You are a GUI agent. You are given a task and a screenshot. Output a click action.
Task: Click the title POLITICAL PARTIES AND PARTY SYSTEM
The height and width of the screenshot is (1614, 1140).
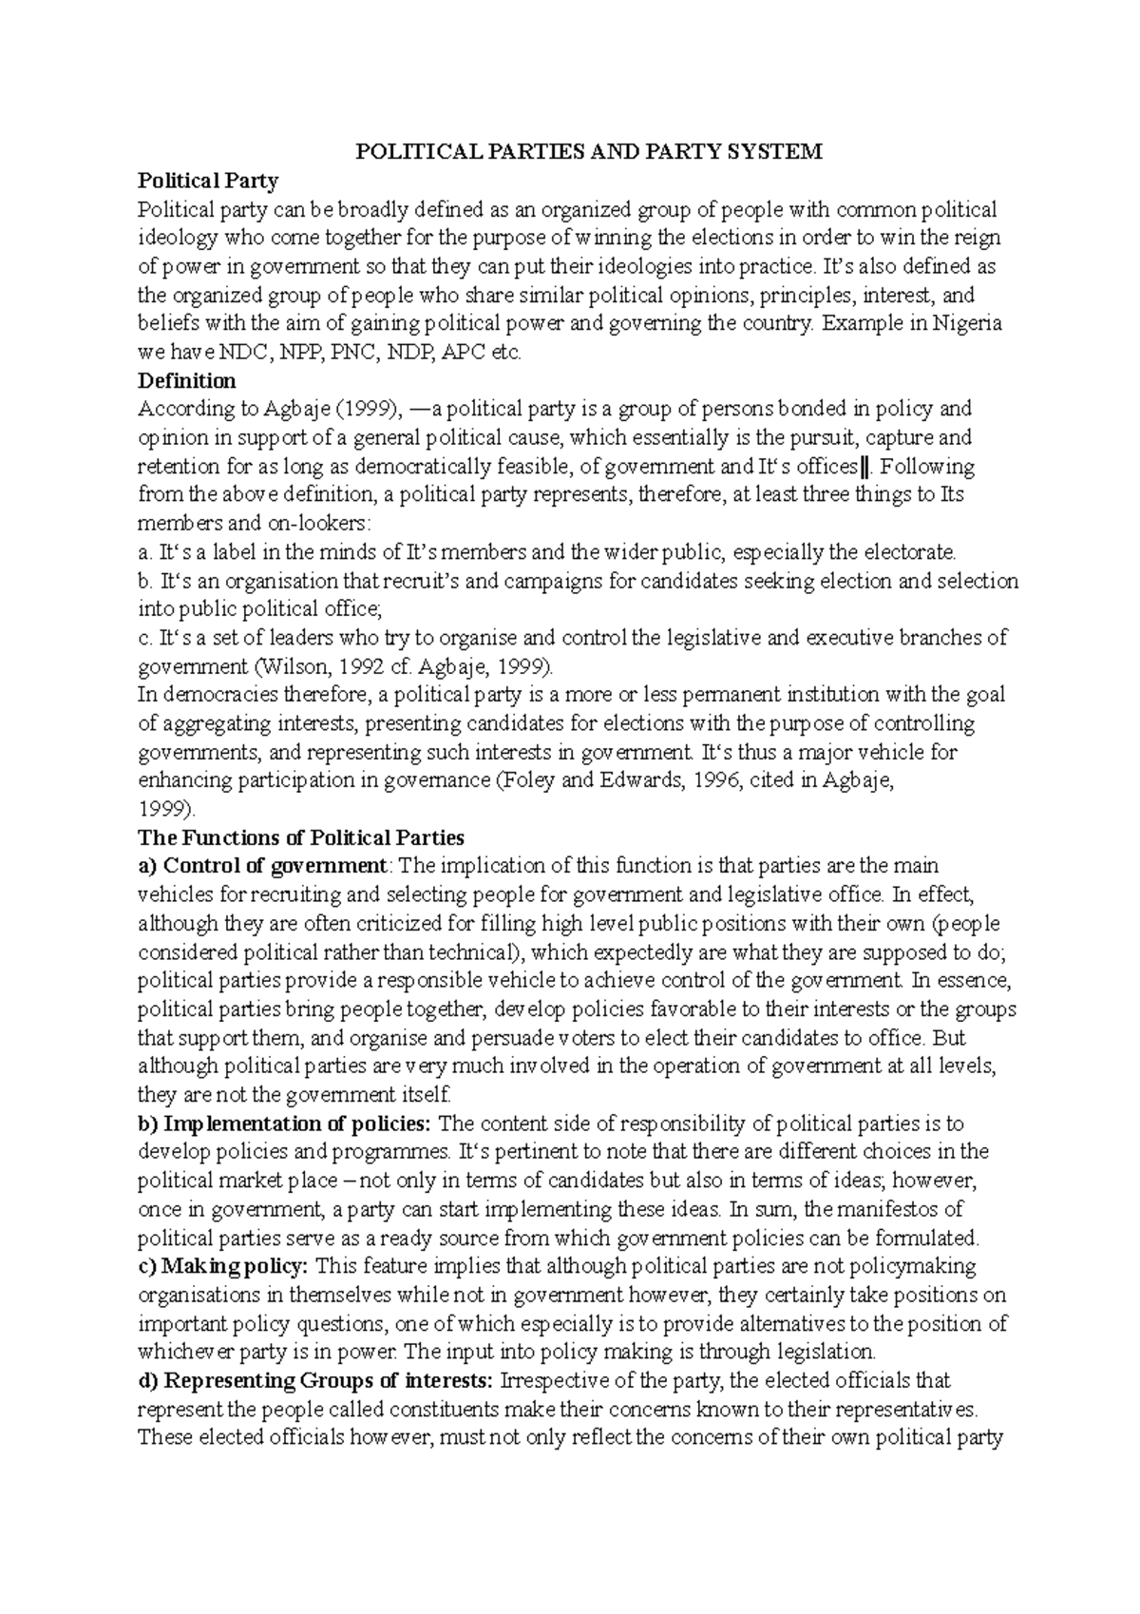click(x=589, y=152)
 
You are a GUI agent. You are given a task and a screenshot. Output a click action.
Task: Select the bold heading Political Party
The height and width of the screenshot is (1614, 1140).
click(x=208, y=181)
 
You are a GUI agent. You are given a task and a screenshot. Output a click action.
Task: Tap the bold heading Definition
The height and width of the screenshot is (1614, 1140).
click(x=187, y=381)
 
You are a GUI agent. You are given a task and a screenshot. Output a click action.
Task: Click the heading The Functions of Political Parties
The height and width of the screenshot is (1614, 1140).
click(x=301, y=838)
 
